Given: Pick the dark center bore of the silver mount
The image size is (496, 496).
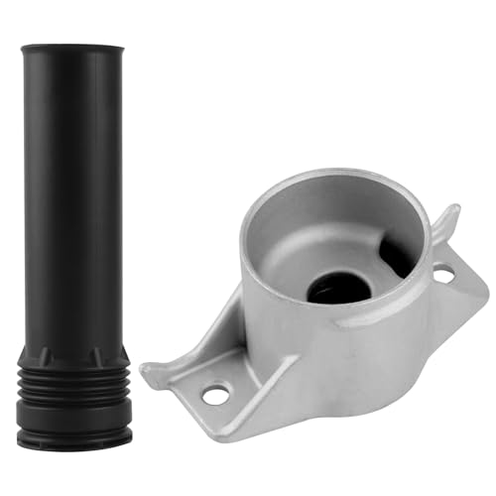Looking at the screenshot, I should (x=338, y=287).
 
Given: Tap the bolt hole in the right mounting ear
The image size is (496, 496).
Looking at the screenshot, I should (x=443, y=271).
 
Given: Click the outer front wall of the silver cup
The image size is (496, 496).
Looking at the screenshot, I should (x=317, y=347).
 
